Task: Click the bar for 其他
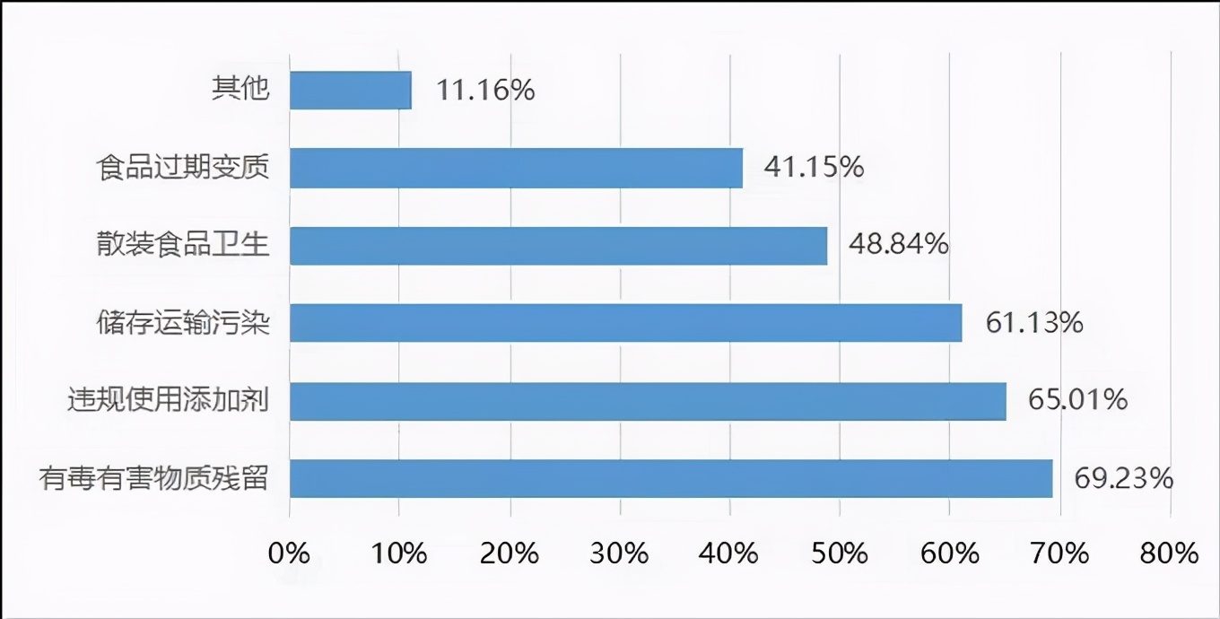pos(350,91)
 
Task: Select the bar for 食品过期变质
pos(516,168)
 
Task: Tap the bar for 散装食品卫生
pos(558,245)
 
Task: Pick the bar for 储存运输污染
pos(625,323)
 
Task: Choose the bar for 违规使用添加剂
pos(648,400)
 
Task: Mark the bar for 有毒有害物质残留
pos(670,478)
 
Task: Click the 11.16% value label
pos(485,90)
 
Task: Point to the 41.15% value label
pos(814,167)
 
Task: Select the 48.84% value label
pos(899,244)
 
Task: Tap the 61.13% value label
pos(1034,322)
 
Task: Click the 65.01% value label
pos(1077,399)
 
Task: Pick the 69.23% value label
pos(1124,477)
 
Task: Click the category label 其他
pos(240,89)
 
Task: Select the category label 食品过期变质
pos(184,168)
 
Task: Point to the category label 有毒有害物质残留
pos(154,477)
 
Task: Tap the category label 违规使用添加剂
pos(169,400)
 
